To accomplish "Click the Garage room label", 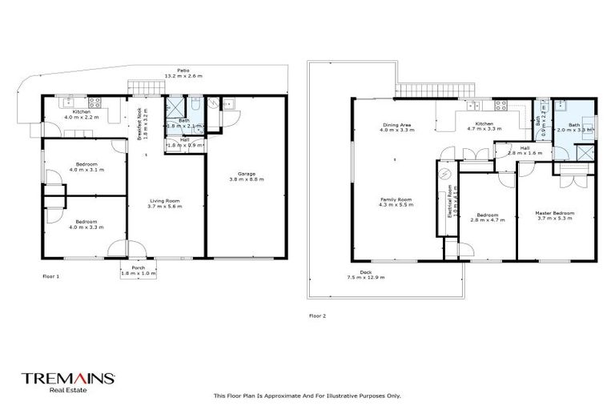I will click(246, 176).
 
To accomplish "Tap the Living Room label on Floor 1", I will click(167, 203).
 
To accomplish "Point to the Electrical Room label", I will click(450, 201).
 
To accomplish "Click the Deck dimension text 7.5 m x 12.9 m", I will click(366, 277).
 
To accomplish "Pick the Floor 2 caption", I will click(318, 316).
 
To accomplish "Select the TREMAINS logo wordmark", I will click(69, 377).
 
